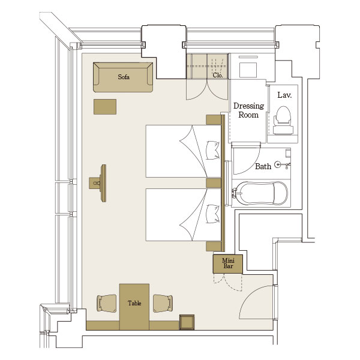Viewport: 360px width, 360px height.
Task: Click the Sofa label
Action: click(x=124, y=77)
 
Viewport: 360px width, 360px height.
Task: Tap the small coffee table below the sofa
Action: click(x=105, y=107)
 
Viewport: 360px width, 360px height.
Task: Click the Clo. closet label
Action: click(x=218, y=75)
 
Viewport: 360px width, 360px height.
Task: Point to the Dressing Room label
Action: click(x=248, y=110)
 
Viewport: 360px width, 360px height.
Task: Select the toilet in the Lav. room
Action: click(x=283, y=120)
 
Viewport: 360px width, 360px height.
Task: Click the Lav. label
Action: click(x=284, y=95)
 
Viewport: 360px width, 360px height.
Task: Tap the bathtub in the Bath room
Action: click(x=261, y=193)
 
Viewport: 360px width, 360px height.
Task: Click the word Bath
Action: click(x=263, y=166)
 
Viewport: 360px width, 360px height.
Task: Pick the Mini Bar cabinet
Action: click(x=228, y=264)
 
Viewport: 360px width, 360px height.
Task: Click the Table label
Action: click(x=134, y=303)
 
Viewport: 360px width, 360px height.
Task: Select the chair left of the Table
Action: click(x=107, y=303)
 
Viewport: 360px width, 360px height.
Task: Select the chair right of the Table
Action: click(x=163, y=303)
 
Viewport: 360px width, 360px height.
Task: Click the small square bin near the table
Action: click(x=187, y=322)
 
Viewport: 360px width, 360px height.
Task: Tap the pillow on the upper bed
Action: click(x=213, y=151)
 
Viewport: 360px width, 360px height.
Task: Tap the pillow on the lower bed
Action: click(x=213, y=214)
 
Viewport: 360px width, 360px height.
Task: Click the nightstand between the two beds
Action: click(x=214, y=183)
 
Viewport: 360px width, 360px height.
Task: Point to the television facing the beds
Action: click(x=103, y=183)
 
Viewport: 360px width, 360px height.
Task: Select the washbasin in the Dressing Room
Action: click(x=248, y=70)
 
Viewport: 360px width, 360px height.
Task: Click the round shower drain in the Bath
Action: click(x=278, y=164)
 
